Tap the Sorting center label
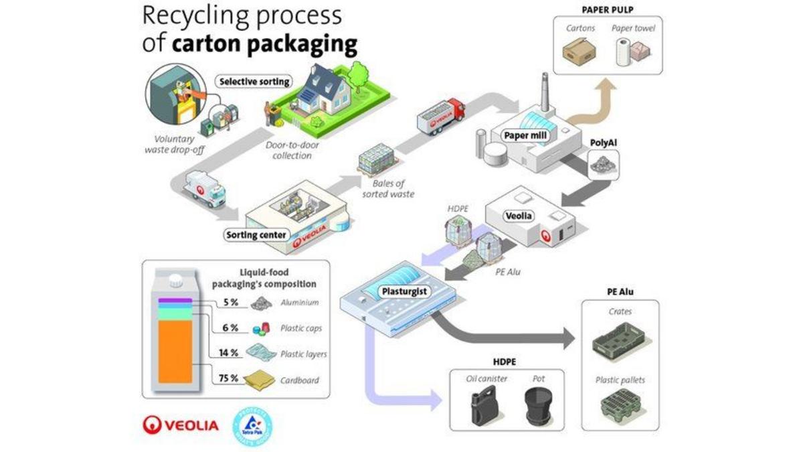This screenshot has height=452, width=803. [256, 235]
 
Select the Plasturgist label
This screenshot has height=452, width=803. [405, 291]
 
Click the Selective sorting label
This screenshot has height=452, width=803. [255, 82]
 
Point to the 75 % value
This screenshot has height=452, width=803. [229, 378]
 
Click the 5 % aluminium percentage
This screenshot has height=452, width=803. [231, 302]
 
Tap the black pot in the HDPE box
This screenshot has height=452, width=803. [539, 405]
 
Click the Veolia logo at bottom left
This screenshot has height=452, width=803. [180, 425]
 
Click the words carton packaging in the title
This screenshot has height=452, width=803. [264, 45]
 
